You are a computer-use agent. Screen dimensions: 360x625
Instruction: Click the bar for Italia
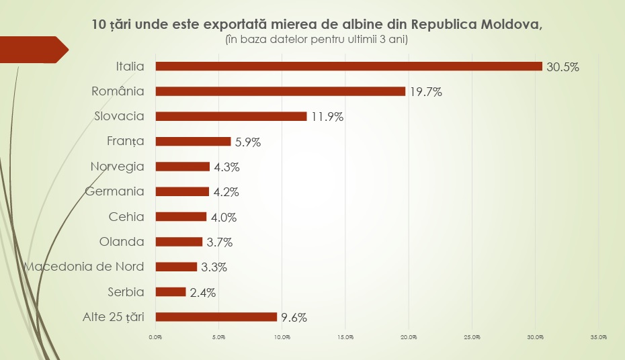click(x=349, y=66)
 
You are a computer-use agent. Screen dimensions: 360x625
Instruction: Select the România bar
click(x=280, y=91)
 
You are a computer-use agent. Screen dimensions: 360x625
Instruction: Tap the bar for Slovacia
click(x=231, y=116)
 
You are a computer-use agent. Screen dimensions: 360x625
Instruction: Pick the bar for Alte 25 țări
click(x=216, y=317)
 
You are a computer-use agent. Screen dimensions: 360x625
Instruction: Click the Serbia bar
click(x=171, y=291)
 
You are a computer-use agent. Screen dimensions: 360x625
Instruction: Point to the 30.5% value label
click(x=562, y=67)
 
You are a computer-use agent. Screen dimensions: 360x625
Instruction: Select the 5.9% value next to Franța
click(x=248, y=142)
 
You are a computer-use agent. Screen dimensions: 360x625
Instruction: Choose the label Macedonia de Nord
click(x=84, y=267)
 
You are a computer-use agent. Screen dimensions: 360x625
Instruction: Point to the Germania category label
click(x=115, y=191)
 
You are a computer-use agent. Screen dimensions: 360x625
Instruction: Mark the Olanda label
click(x=122, y=241)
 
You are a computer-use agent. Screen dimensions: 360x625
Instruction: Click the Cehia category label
click(x=126, y=216)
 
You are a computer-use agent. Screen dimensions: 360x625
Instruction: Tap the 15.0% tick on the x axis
click(x=345, y=337)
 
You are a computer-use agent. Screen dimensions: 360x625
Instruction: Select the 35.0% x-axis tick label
click(x=599, y=337)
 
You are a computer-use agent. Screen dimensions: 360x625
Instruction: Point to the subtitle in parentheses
click(x=317, y=40)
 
